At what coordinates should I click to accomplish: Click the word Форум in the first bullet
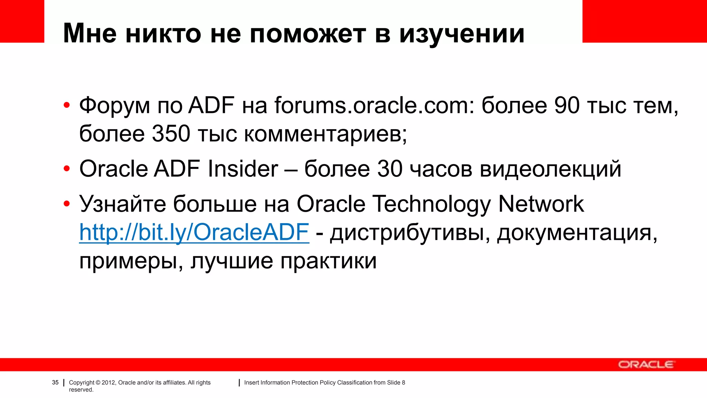click(x=115, y=105)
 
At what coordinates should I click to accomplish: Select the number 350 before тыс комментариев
click(x=171, y=134)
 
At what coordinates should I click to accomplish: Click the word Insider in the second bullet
click(x=243, y=169)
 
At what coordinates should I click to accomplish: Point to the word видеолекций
click(x=550, y=169)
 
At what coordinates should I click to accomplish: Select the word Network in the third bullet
click(x=541, y=204)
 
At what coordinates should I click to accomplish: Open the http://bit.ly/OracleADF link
click(x=194, y=232)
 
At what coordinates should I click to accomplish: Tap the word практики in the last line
click(x=328, y=260)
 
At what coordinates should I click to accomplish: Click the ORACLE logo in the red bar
click(x=645, y=364)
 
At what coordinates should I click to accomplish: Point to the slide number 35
click(x=55, y=382)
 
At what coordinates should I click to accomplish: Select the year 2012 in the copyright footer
click(x=108, y=382)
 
